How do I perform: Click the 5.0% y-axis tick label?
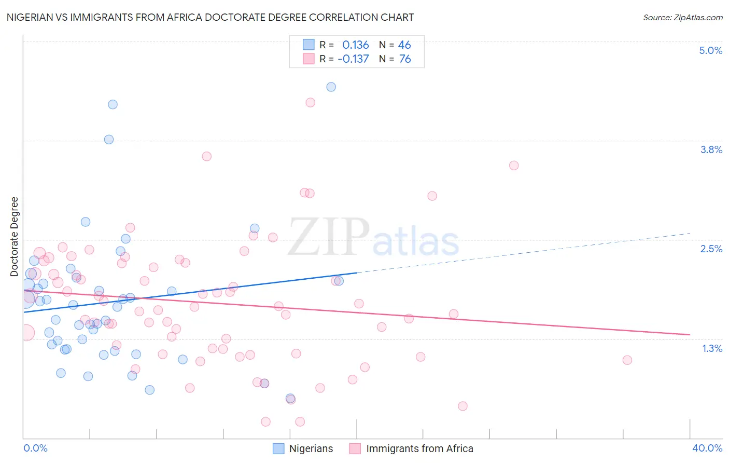pyautogui.click(x=710, y=50)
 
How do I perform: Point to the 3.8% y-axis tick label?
pyautogui.click(x=711, y=149)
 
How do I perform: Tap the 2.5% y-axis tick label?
pyautogui.click(x=711, y=249)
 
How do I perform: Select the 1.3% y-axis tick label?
pyautogui.click(x=712, y=348)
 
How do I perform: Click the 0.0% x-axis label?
pyautogui.click(x=35, y=448)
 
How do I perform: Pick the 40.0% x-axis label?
pyautogui.click(x=707, y=448)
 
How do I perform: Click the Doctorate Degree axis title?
pyautogui.click(x=15, y=237)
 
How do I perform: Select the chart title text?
pyautogui.click(x=210, y=17)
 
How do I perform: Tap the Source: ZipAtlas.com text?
pyautogui.click(x=682, y=17)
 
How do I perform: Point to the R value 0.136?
pyautogui.click(x=355, y=45)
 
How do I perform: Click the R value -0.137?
pyautogui.click(x=353, y=59)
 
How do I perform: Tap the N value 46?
pyautogui.click(x=404, y=45)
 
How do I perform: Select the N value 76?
pyautogui.click(x=404, y=59)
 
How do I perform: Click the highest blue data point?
pyautogui.click(x=331, y=87)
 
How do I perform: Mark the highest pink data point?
pyautogui.click(x=311, y=102)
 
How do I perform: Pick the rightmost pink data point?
pyautogui.click(x=627, y=360)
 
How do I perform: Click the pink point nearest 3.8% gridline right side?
pyautogui.click(x=514, y=166)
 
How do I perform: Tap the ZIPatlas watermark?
pyautogui.click(x=373, y=238)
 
